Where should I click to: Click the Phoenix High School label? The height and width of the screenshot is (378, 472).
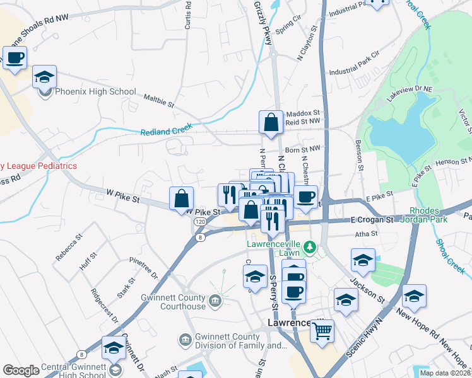95,92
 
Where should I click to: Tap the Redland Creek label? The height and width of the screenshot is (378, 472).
166,132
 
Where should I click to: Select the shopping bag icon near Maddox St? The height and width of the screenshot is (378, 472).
271,122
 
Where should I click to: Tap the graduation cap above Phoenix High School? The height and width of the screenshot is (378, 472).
44,77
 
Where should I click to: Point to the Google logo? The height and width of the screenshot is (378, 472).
21,370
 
